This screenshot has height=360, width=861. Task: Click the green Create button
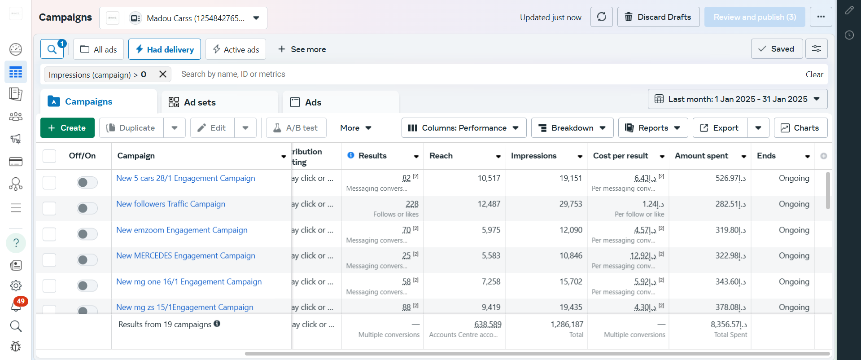tap(67, 128)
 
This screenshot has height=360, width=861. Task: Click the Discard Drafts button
tap(658, 17)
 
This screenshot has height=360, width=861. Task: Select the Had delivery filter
tap(165, 49)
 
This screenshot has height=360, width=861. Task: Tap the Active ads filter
tap(236, 49)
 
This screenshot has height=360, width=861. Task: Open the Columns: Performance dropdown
tap(463, 128)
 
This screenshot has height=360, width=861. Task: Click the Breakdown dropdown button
tap(572, 128)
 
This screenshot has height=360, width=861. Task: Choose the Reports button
tap(652, 128)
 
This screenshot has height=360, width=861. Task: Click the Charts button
tap(800, 128)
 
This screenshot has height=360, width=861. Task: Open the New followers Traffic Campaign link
tap(170, 204)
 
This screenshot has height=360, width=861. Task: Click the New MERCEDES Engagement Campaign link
tap(185, 255)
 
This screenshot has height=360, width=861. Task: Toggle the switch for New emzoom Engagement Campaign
tap(87, 234)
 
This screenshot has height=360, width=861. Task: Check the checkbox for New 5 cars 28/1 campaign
tap(49, 182)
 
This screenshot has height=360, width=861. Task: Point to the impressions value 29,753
tap(570, 204)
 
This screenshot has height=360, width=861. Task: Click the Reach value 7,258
tap(491, 281)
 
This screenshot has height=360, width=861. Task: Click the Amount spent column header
tap(701, 156)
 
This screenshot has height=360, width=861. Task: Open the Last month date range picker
tap(737, 99)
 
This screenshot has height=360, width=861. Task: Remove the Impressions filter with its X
tap(163, 74)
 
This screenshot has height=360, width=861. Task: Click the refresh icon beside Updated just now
tap(601, 17)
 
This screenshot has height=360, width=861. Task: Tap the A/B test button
tap(296, 128)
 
